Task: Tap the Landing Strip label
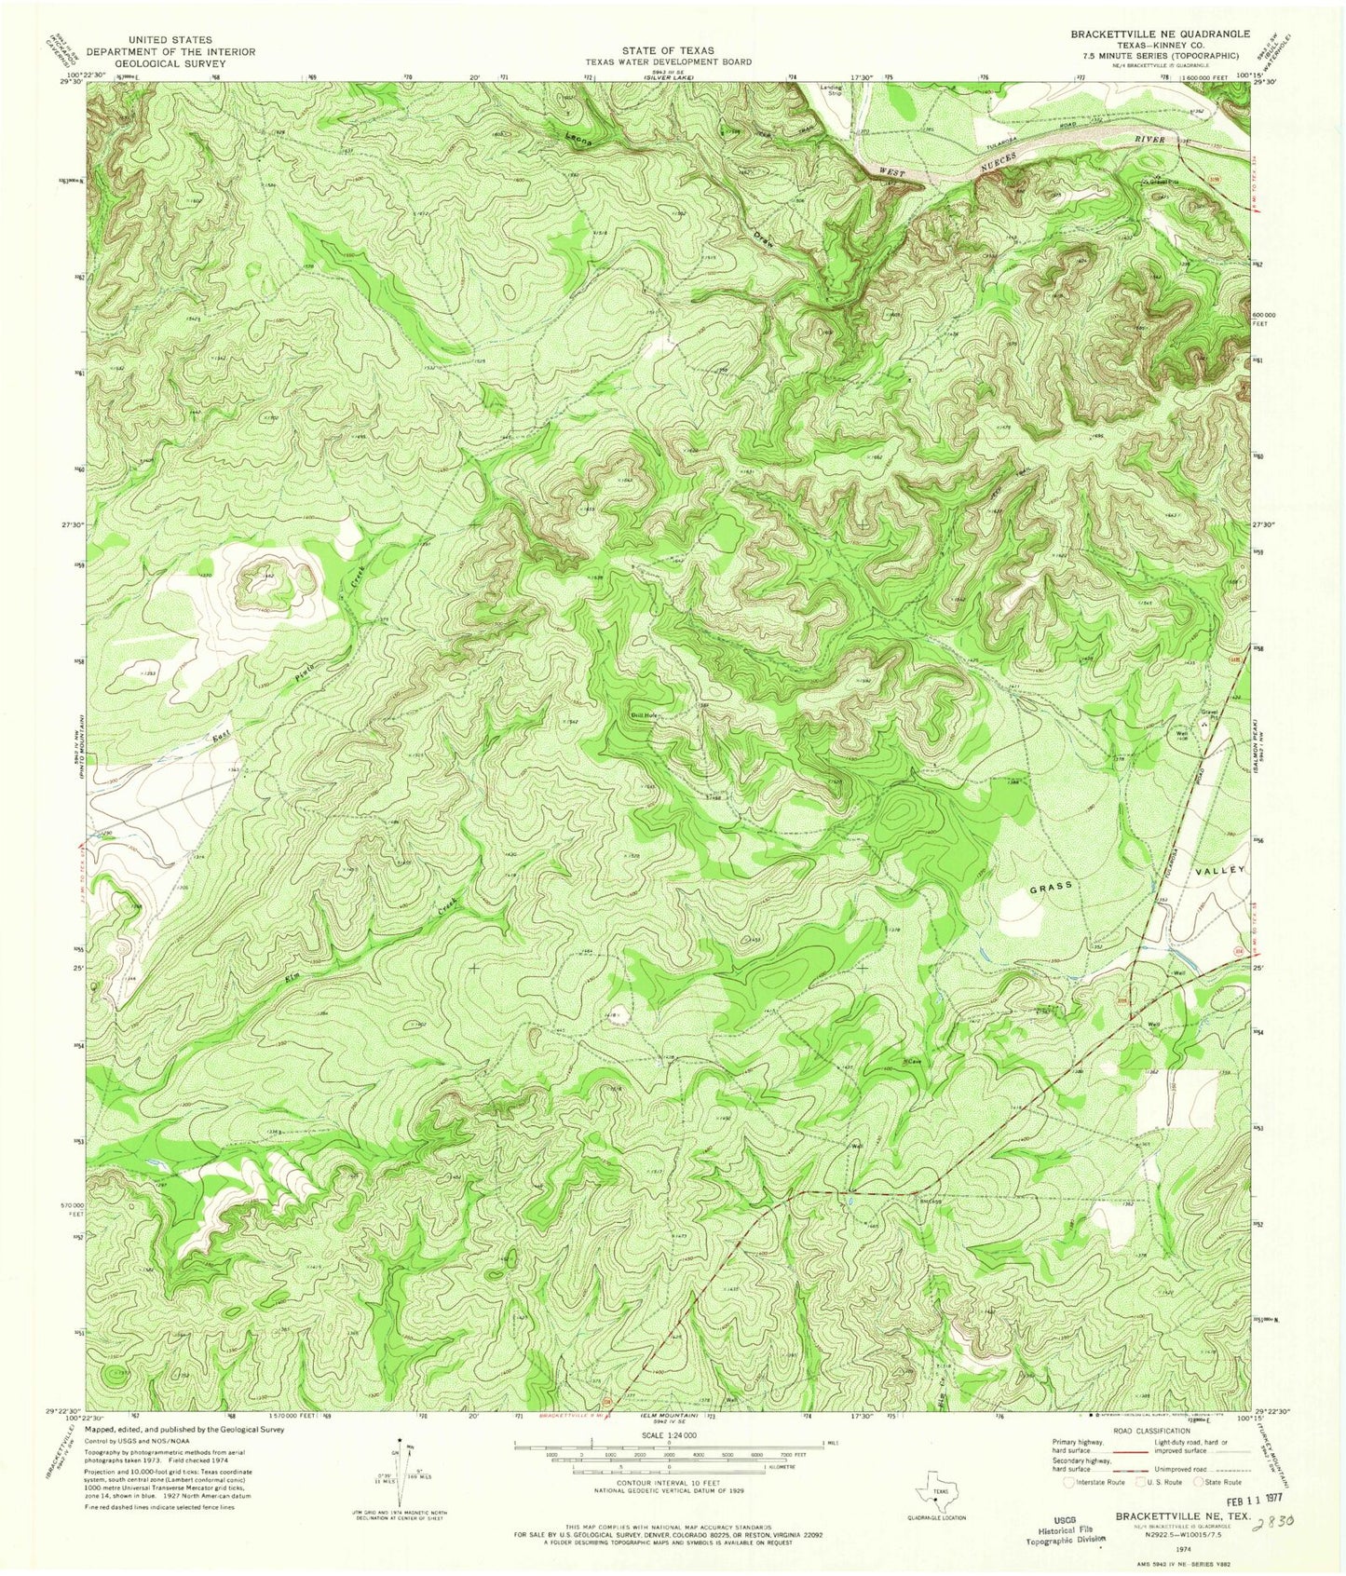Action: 830,90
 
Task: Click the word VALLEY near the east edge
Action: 1218,868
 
